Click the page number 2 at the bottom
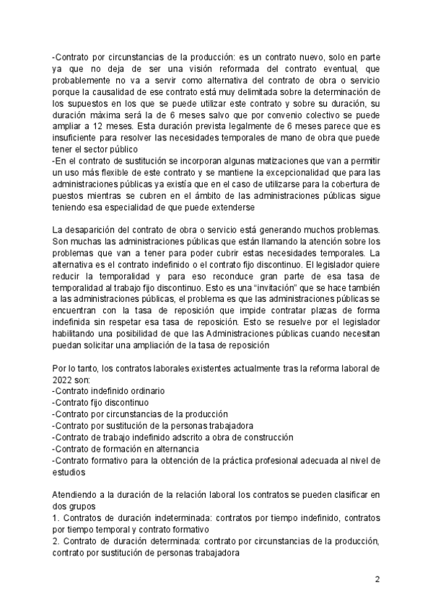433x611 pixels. (x=377, y=579)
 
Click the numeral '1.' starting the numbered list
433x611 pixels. (x=56, y=517)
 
